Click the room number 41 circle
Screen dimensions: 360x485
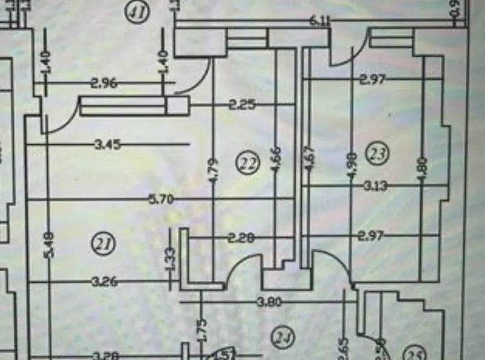coord(139,13)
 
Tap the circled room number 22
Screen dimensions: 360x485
coord(248,163)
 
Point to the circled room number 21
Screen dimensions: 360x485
coord(103,244)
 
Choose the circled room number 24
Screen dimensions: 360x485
coord(281,335)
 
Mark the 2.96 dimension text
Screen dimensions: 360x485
coord(104,83)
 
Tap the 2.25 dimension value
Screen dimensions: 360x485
coord(242,105)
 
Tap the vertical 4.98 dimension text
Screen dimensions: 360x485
coord(352,166)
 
